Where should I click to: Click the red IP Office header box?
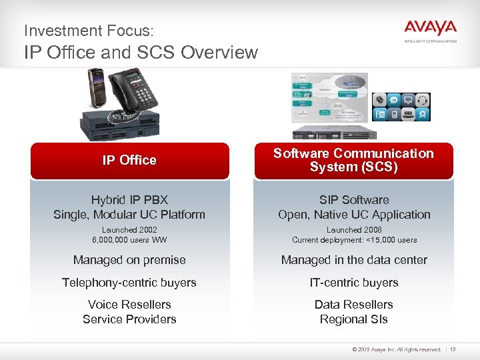[129, 160]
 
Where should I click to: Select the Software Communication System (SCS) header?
[353, 160]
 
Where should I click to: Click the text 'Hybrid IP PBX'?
[129, 199]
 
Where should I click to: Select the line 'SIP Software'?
[354, 199]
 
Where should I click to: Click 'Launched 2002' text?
[129, 229]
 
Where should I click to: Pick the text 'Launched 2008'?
[354, 229]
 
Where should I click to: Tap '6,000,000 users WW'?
[129, 240]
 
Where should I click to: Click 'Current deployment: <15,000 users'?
[354, 240]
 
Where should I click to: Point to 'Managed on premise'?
[129, 260]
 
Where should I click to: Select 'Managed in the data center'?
[354, 260]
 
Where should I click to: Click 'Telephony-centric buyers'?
[129, 283]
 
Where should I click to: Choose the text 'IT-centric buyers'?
[354, 283]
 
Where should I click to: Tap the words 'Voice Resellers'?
[129, 305]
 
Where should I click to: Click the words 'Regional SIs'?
[354, 319]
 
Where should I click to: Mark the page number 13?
[453, 349]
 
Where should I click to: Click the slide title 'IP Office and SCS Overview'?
[141, 52]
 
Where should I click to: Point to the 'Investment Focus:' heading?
[89, 31]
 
